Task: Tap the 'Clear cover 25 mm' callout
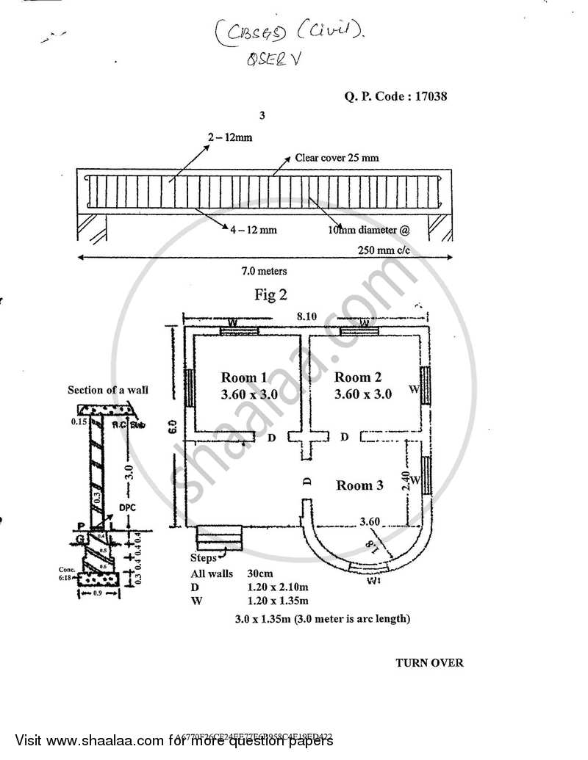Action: click(x=337, y=157)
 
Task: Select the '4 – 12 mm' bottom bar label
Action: click(x=254, y=230)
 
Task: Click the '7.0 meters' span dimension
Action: click(x=264, y=271)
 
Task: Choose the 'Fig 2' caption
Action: click(x=270, y=295)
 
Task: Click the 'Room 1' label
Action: click(x=244, y=377)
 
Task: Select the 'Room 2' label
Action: click(x=358, y=377)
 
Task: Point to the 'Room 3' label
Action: click(x=359, y=485)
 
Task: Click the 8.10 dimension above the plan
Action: click(x=306, y=316)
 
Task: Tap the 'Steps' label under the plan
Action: click(x=204, y=558)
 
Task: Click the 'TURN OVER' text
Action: click(x=430, y=662)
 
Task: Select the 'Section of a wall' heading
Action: click(x=108, y=389)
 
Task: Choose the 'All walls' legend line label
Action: click(x=211, y=572)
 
